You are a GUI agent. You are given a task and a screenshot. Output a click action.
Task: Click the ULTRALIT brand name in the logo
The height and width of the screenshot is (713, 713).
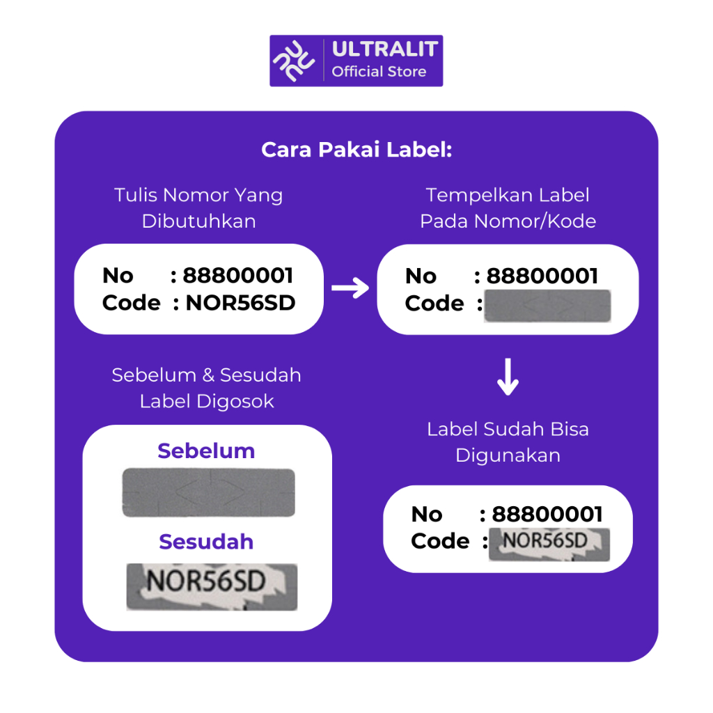pyautogui.click(x=384, y=49)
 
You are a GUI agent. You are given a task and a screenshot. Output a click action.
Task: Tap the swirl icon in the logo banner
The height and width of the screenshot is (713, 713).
pyautogui.click(x=294, y=61)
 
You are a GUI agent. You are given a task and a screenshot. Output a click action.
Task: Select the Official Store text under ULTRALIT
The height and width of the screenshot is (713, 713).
pyautogui.click(x=379, y=72)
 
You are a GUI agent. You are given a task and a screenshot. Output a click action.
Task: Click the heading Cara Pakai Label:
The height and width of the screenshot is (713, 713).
pyautogui.click(x=356, y=150)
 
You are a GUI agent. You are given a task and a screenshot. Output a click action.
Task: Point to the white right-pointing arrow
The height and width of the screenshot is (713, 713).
pyautogui.click(x=350, y=288)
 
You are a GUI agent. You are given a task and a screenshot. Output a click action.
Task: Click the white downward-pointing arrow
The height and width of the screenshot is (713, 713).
pyautogui.click(x=508, y=377)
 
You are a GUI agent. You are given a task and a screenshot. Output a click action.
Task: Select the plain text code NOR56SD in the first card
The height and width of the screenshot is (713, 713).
pyautogui.click(x=240, y=303)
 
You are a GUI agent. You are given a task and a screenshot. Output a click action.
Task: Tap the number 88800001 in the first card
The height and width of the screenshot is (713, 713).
pyautogui.click(x=238, y=276)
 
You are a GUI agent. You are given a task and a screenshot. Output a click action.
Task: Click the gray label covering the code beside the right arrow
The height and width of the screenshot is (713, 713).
pyautogui.click(x=547, y=306)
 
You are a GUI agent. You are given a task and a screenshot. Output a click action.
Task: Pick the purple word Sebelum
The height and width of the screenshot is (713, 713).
pyautogui.click(x=206, y=451)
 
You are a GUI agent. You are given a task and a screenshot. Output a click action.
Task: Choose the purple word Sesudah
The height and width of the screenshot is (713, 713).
pyautogui.click(x=206, y=542)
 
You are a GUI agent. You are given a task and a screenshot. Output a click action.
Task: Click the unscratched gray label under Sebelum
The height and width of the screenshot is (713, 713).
pyautogui.click(x=209, y=492)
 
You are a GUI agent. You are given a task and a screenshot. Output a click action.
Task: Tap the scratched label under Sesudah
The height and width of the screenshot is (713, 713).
pyautogui.click(x=212, y=586)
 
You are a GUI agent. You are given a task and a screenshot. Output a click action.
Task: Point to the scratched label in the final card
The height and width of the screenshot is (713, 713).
pyautogui.click(x=549, y=544)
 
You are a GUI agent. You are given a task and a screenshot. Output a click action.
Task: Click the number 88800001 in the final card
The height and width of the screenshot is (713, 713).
pyautogui.click(x=547, y=515)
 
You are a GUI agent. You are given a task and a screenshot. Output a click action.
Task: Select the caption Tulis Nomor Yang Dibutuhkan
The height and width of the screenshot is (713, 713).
pyautogui.click(x=198, y=208)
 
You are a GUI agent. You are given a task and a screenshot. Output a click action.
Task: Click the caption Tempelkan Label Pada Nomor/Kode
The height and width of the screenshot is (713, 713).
pyautogui.click(x=508, y=208)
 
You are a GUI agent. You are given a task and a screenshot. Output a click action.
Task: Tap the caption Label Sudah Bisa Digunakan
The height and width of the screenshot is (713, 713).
pyautogui.click(x=508, y=442)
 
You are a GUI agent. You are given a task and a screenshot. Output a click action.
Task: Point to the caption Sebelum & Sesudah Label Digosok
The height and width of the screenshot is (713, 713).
pyautogui.click(x=206, y=389)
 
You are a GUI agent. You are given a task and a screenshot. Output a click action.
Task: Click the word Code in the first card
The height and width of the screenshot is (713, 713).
pyautogui.click(x=132, y=303)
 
